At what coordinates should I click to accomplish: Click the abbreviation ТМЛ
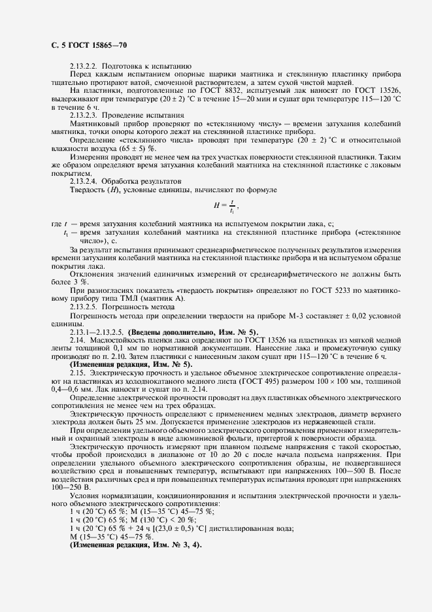click(139, 298)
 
